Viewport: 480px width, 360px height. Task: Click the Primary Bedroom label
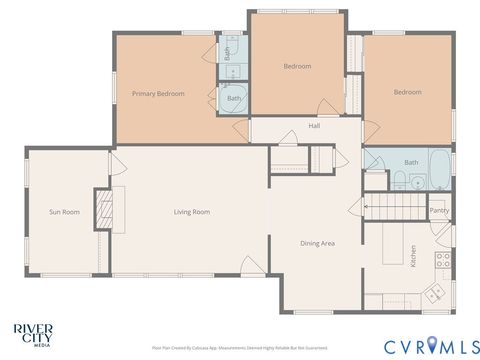click(x=158, y=94)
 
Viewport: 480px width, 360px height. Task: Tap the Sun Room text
click(x=64, y=212)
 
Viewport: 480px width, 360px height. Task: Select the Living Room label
click(x=191, y=212)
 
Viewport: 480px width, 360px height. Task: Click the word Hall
click(x=314, y=127)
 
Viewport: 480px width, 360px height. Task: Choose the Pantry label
click(x=438, y=210)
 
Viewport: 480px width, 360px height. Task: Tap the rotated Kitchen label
click(x=412, y=255)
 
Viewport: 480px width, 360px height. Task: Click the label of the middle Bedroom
click(x=297, y=67)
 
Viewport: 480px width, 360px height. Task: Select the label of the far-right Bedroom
click(x=407, y=93)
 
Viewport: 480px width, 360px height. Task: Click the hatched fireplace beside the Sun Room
click(x=102, y=210)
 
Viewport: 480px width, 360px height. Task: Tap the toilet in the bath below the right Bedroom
click(x=398, y=181)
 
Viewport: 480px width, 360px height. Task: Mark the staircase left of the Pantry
click(x=393, y=208)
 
